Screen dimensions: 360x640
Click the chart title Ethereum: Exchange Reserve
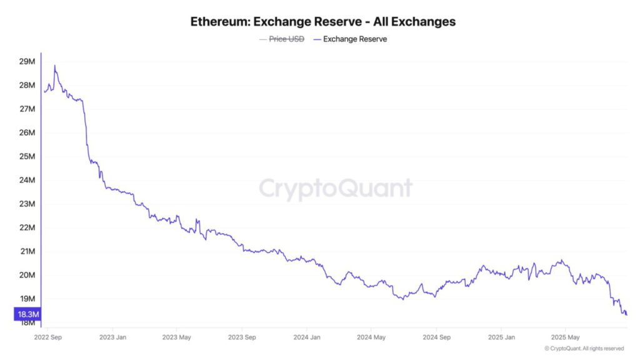[x=323, y=21]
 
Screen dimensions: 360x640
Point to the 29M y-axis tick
[x=27, y=61]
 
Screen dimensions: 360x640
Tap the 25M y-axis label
[x=27, y=156]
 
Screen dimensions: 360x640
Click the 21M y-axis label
[x=27, y=251]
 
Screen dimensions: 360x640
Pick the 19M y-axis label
[x=27, y=299]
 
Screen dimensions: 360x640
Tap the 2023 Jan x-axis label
[x=113, y=337]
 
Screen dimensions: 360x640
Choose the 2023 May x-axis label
[x=177, y=337]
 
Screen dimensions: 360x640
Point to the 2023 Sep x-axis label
[x=241, y=337]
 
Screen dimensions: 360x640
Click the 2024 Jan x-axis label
[x=306, y=337]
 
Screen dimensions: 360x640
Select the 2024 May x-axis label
[x=371, y=337]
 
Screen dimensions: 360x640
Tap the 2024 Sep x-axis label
[x=436, y=337]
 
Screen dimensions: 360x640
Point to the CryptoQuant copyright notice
[x=584, y=348]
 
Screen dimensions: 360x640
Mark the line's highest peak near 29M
[x=55, y=66]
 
